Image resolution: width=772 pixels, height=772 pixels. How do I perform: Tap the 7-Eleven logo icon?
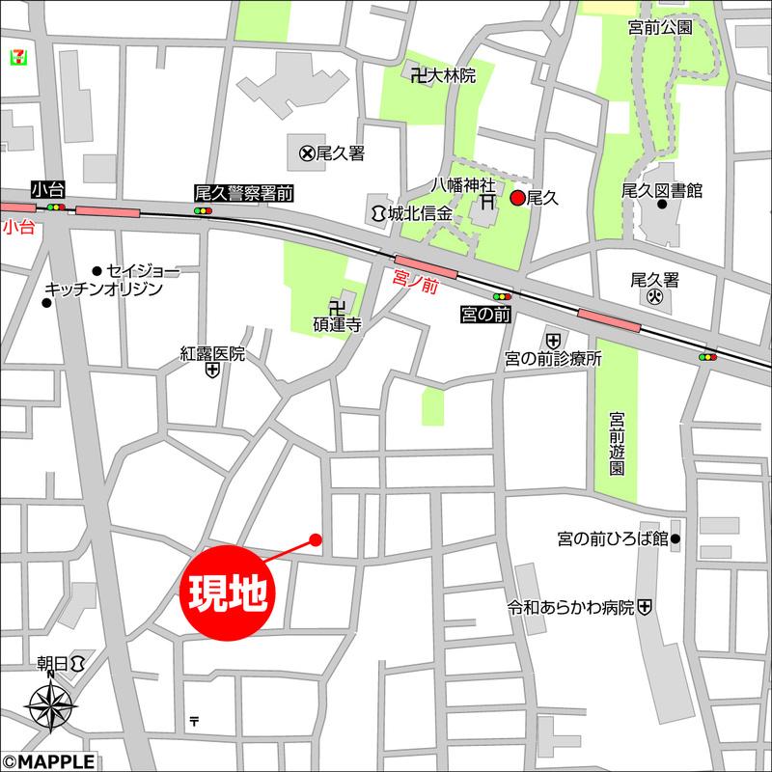point(16,55)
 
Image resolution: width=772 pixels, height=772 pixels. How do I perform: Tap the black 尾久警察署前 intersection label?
point(243,193)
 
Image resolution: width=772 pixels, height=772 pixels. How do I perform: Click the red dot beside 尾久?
point(517,198)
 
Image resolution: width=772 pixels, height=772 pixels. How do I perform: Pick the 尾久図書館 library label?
point(661,190)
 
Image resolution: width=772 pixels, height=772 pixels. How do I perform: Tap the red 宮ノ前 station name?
point(416,280)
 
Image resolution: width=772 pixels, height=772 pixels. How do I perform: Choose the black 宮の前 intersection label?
point(482,315)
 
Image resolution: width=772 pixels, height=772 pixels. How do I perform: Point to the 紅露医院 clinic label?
point(213,354)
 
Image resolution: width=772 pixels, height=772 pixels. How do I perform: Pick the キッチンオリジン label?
point(103,289)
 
